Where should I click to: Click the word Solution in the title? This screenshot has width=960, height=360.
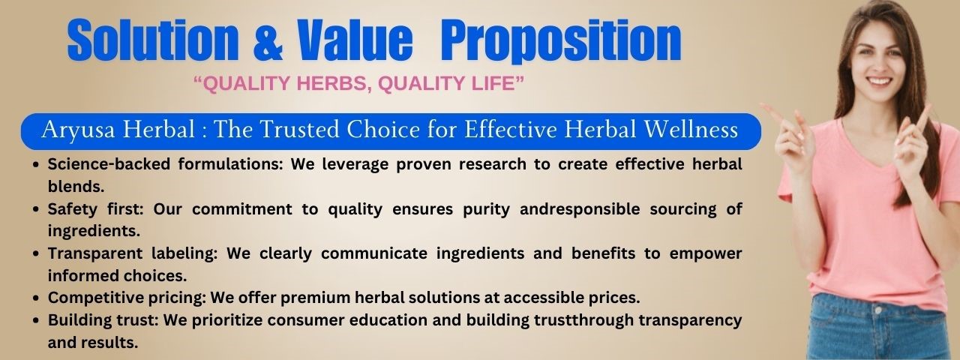tap(152, 40)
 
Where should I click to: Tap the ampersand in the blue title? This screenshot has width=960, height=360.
tap(268, 40)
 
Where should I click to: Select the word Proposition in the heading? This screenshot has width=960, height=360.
tap(560, 41)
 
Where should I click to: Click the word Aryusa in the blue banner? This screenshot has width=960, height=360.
tap(79, 130)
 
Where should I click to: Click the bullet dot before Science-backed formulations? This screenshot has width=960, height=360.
tap(37, 164)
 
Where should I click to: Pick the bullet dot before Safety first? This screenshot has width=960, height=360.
tap(37, 209)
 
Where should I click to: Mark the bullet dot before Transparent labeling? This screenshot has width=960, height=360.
tap(37, 253)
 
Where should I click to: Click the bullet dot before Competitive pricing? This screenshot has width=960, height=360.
tap(37, 298)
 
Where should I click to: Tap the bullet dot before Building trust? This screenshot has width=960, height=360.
tap(37, 320)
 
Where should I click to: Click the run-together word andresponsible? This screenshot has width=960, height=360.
tap(580, 209)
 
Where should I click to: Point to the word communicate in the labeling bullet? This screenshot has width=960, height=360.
tap(374, 253)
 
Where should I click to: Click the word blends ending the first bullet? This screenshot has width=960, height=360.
tap(76, 187)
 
